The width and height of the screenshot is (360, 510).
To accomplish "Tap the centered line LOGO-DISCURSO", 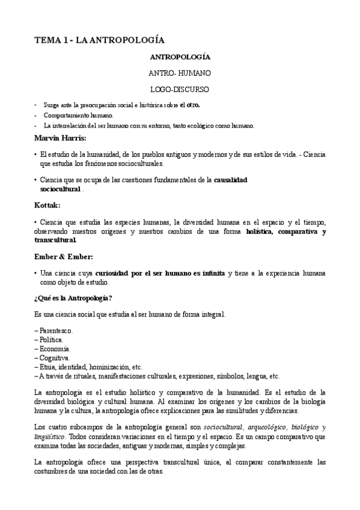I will (179, 89).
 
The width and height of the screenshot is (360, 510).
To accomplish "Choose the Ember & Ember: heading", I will (63, 257).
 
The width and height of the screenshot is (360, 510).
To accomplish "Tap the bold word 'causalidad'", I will (231, 179).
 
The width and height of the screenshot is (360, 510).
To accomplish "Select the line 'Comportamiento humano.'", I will (78, 115).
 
